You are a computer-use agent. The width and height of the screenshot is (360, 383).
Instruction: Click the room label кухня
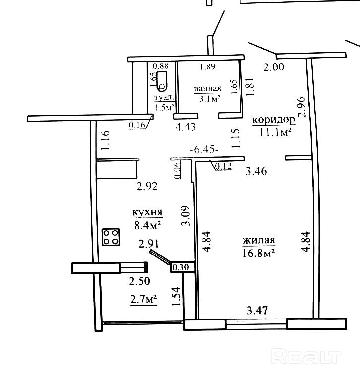(147, 212)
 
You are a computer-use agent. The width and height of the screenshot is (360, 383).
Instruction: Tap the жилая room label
(259, 240)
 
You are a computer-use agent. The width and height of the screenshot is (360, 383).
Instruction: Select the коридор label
(274, 120)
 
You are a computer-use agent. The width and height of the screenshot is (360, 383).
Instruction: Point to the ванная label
(208, 89)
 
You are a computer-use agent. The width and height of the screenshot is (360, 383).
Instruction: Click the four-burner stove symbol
(111, 237)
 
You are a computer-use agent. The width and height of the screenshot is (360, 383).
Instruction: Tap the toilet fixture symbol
(162, 81)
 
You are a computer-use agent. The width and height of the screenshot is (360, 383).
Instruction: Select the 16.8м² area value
(259, 253)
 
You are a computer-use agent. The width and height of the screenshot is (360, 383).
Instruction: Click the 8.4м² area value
(147, 225)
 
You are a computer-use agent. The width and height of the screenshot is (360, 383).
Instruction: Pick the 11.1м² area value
(275, 132)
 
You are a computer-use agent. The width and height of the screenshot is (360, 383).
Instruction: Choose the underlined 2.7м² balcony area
(143, 299)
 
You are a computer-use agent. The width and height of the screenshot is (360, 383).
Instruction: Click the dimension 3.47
(257, 311)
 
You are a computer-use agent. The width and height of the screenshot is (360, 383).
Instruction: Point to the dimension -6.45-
(204, 149)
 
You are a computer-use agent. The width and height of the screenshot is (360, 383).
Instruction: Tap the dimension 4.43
(186, 127)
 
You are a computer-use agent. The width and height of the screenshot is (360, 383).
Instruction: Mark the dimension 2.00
(274, 67)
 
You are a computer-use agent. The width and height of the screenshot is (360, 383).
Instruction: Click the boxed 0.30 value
(181, 267)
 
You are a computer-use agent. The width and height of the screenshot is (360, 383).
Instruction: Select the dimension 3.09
(186, 216)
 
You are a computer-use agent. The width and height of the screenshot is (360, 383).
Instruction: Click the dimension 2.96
(301, 107)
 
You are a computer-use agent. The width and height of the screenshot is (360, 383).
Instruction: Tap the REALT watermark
(306, 357)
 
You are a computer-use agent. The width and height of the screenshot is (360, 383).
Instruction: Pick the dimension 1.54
(176, 296)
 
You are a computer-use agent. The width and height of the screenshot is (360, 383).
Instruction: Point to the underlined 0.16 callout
(137, 125)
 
